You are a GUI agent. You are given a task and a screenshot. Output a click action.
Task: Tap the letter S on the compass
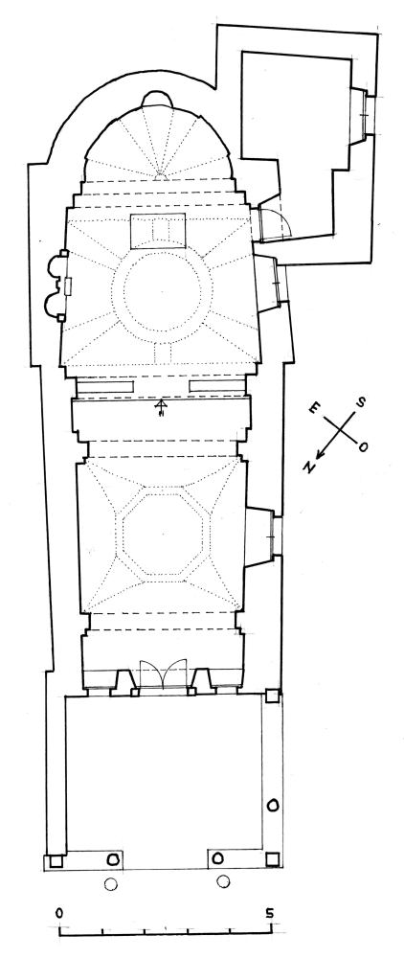[x=361, y=401]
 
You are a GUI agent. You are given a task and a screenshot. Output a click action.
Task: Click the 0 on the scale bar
[x=58, y=913]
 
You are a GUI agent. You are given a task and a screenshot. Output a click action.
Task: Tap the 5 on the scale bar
[x=269, y=913]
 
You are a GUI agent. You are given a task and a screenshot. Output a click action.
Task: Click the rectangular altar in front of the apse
[x=159, y=231]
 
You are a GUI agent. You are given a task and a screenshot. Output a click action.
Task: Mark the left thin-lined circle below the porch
[x=110, y=882]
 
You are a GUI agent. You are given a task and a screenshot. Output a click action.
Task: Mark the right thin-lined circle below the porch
[x=223, y=881]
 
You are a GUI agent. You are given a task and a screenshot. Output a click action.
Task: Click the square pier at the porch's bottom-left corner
[x=56, y=861]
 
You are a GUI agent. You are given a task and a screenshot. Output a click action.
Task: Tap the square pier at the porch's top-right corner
[x=273, y=696]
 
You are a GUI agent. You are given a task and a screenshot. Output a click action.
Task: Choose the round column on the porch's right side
[x=273, y=806]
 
